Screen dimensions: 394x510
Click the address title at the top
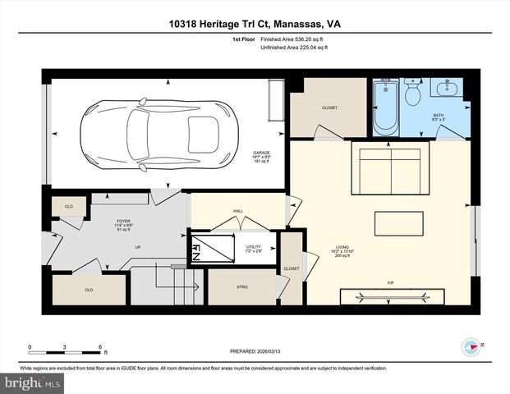(x=255, y=26)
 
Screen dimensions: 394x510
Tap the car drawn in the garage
(x=157, y=130)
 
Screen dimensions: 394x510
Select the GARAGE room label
(x=261, y=153)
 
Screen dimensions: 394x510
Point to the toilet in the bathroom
(x=413, y=94)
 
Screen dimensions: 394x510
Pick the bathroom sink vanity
(x=447, y=88)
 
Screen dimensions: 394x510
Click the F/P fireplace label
(x=390, y=284)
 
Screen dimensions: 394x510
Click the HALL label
(x=238, y=211)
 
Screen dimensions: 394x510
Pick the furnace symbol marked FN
(x=201, y=249)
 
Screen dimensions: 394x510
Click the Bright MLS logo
(x=30, y=383)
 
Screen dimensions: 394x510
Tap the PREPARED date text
(x=255, y=353)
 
